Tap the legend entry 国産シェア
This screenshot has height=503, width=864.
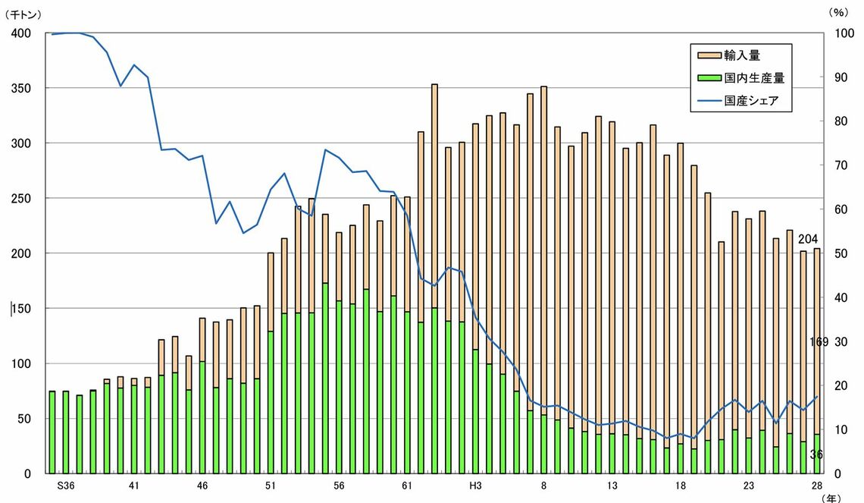[750, 100]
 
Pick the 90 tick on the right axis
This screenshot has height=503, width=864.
[843, 77]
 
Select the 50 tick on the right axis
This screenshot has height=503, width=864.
[843, 253]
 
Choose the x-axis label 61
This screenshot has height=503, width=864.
[407, 486]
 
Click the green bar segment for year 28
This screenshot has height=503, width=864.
[816, 454]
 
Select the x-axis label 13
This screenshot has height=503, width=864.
[612, 486]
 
